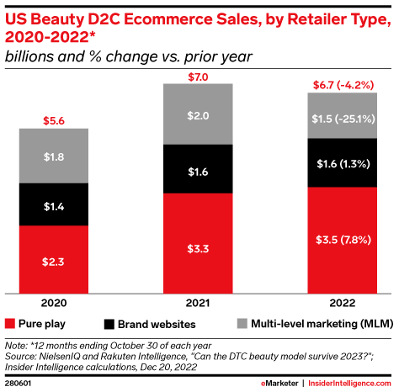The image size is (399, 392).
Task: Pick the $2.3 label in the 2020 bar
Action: pos(54,262)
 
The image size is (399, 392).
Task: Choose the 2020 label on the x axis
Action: pos(54,300)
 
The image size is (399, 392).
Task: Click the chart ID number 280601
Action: pos(18,384)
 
